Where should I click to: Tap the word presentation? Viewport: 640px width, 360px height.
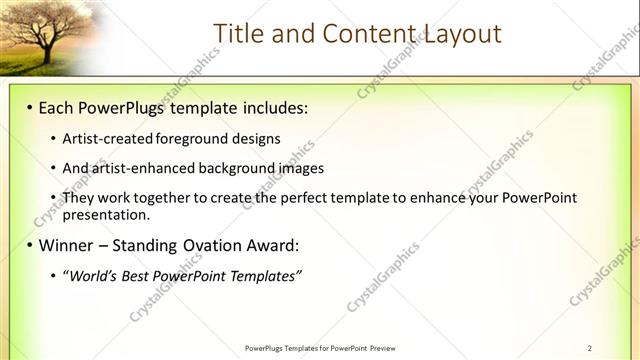point(106,214)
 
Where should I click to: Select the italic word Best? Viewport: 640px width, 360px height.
point(138,275)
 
